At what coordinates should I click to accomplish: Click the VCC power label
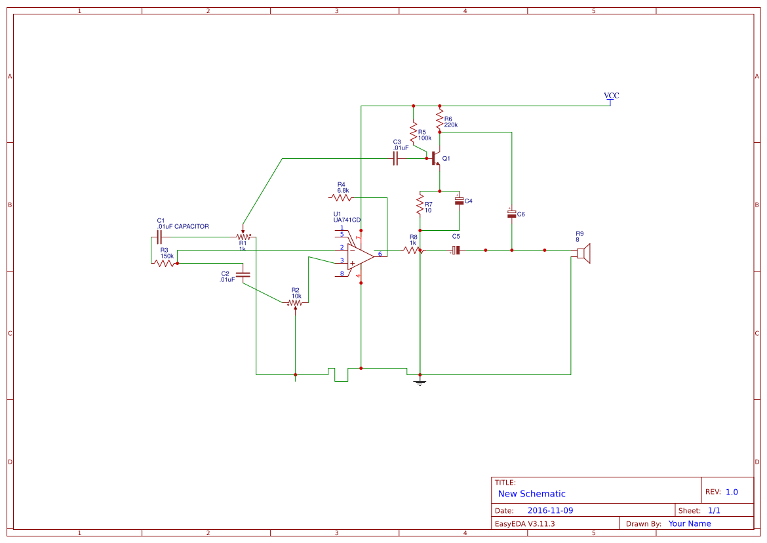[x=611, y=96]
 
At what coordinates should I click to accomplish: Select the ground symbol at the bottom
[x=420, y=380]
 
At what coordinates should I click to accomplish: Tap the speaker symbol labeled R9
[x=585, y=254]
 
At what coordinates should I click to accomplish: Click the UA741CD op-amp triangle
[x=360, y=256]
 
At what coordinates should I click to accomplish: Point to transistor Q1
[x=436, y=159]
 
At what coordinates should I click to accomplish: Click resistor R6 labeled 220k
[x=440, y=119]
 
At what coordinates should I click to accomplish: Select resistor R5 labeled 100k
[x=414, y=134]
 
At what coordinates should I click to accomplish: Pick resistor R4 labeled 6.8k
[x=341, y=197]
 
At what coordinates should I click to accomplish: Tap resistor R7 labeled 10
[x=420, y=207]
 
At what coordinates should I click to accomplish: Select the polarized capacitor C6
[x=511, y=214]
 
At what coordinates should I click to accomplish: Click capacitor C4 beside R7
[x=459, y=200]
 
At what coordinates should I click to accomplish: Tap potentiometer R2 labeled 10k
[x=296, y=303]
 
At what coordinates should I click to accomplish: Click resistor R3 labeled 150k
[x=165, y=263]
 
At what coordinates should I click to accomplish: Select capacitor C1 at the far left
[x=159, y=237]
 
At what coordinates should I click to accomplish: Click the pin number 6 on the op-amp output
[x=380, y=254]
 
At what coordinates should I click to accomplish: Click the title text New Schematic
[x=532, y=494]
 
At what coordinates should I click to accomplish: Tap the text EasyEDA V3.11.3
[x=524, y=523]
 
